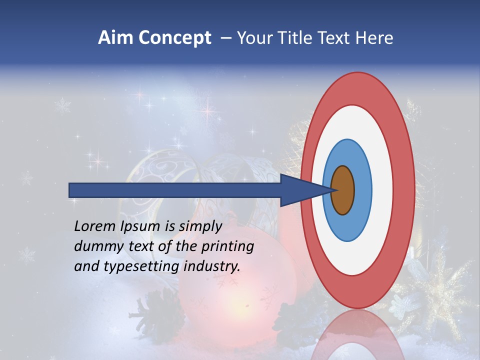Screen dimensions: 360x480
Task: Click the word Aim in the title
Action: (x=115, y=38)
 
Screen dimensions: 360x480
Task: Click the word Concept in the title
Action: (x=174, y=38)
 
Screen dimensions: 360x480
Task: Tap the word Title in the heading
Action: (x=299, y=38)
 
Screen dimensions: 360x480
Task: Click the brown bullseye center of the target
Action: (x=343, y=190)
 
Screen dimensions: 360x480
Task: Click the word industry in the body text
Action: (x=212, y=266)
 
